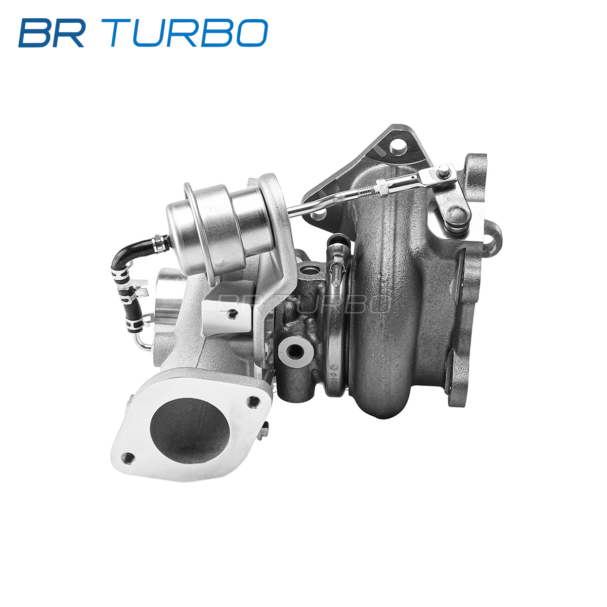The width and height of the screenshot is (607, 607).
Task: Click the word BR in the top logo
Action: pos(52,33)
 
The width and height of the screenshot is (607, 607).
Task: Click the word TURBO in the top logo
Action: pos(185,33)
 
